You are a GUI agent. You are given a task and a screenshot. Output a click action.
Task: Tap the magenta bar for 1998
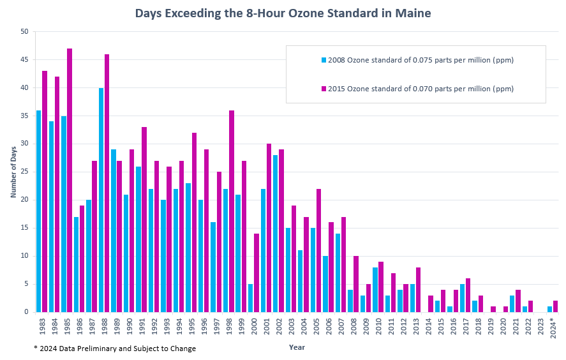pos(232,211)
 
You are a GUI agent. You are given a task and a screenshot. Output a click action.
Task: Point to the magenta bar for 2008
pos(356,284)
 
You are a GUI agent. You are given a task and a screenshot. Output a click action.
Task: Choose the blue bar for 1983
pos(39,211)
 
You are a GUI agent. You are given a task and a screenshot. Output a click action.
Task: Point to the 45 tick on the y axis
pos(24,60)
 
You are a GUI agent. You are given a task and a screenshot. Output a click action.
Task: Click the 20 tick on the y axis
pos(24,200)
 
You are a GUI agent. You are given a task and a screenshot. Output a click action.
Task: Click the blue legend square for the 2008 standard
pos(324,60)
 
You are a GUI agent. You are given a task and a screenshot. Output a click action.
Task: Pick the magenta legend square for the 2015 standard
pos(324,89)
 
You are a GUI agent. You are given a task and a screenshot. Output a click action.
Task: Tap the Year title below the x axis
pos(297,347)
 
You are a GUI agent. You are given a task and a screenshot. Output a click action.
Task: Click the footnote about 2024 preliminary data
pos(115,349)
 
